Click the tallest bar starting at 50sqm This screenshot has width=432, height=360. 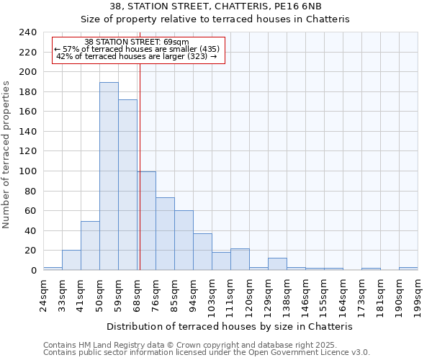click(x=109, y=176)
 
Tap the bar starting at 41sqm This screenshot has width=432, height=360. click(x=90, y=246)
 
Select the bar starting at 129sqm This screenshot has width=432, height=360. click(x=277, y=264)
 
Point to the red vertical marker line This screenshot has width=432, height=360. click(x=140, y=166)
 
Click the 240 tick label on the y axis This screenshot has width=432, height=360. click(x=28, y=32)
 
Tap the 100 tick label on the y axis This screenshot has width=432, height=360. click(x=28, y=171)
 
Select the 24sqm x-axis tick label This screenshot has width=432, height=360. click(x=43, y=291)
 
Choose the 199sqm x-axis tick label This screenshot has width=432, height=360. click(x=418, y=291)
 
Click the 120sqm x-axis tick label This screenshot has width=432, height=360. click(x=249, y=291)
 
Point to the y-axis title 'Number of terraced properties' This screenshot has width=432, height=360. click(x=7, y=154)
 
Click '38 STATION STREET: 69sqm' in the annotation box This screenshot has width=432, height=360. click(x=137, y=42)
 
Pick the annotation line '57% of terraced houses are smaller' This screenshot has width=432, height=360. click(x=137, y=49)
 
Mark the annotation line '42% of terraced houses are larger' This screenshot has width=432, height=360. click(x=137, y=56)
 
